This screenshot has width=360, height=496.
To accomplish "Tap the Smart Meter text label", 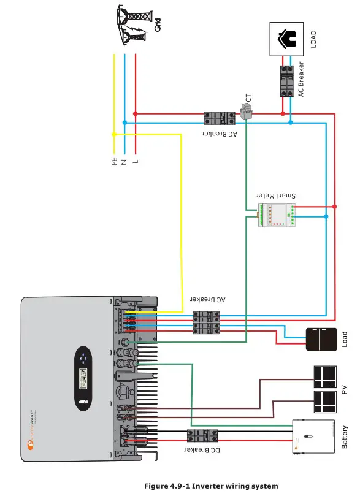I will click(276, 194).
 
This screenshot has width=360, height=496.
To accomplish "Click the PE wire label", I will click(114, 162).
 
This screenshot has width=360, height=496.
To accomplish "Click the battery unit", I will click(312, 437).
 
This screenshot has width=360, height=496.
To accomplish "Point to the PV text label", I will click(344, 389).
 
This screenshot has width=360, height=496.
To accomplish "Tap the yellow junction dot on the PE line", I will click(114, 134).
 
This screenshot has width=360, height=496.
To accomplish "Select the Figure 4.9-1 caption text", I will click(211, 486).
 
